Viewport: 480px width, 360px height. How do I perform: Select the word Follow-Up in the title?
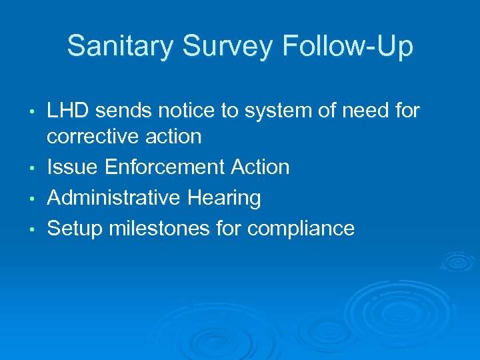click(348, 47)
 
